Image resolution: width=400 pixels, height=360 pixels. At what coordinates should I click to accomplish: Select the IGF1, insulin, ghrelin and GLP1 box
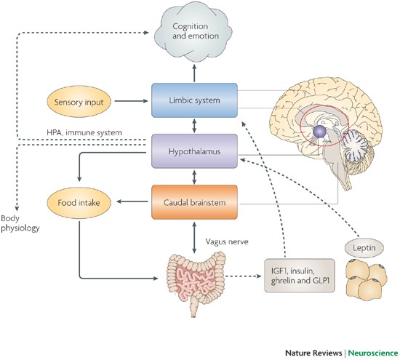point(299,276)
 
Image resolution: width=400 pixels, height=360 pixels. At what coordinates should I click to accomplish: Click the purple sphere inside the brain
point(317,132)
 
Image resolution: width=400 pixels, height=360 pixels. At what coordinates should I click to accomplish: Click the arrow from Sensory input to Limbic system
point(131,102)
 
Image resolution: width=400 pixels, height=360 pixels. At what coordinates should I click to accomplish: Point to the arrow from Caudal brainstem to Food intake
point(131,199)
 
